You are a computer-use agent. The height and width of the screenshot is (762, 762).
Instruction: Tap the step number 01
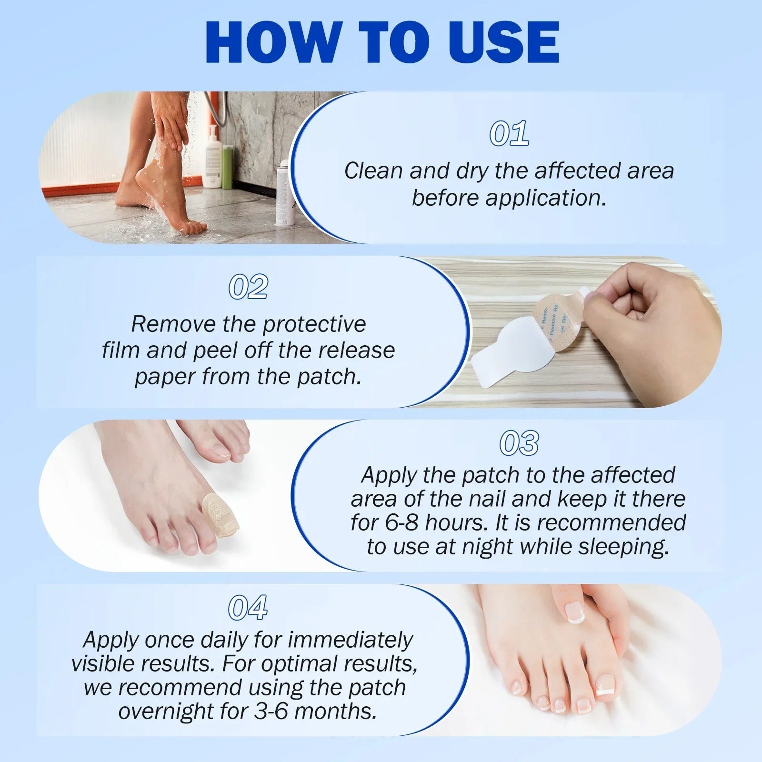(x=509, y=133)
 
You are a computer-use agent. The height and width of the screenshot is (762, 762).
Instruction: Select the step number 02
(x=248, y=287)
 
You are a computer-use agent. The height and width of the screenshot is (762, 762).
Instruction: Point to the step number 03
(x=519, y=443)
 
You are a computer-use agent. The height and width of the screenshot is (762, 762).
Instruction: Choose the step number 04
(x=248, y=608)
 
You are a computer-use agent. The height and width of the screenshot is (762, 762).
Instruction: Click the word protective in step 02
(x=314, y=324)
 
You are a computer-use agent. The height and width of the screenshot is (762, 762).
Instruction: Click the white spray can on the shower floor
(x=284, y=195)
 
